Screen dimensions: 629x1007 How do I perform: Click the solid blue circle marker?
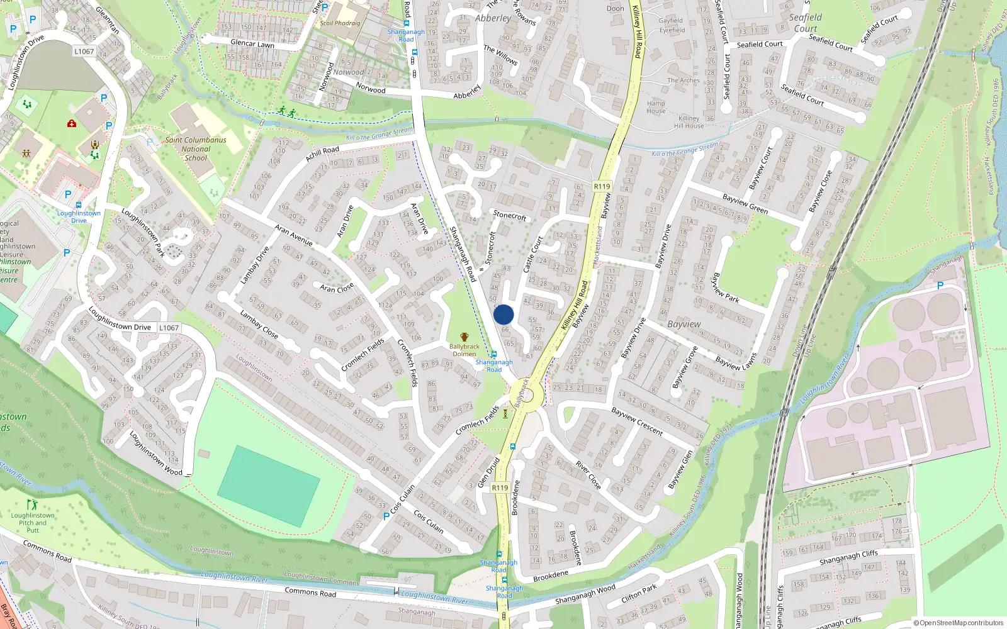pyautogui.click(x=503, y=314)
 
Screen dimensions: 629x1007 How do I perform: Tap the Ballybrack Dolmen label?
pyautogui.click(x=464, y=350)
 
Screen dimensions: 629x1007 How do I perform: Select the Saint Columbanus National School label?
pyautogui.click(x=196, y=149)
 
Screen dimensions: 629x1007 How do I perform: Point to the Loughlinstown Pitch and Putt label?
pyautogui.click(x=33, y=523)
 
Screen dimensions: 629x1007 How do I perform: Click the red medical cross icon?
pyautogui.click(x=72, y=124)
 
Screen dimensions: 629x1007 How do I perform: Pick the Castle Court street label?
pyautogui.click(x=532, y=255)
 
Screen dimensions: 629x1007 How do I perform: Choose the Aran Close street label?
pyautogui.click(x=337, y=288)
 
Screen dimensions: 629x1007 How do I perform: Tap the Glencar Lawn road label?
pyautogui.click(x=252, y=44)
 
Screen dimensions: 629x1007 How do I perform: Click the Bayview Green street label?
pyautogui.click(x=745, y=204)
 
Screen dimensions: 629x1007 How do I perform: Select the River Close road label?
pyautogui.click(x=588, y=476)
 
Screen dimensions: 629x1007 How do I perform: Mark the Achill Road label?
pyautogui.click(x=322, y=153)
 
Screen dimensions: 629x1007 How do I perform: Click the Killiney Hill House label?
pyautogui.click(x=689, y=122)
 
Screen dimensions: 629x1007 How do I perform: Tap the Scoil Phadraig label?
pyautogui.click(x=340, y=23)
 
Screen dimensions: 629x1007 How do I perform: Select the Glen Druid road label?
pyautogui.click(x=488, y=472)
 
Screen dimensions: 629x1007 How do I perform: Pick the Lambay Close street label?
pyautogui.click(x=259, y=324)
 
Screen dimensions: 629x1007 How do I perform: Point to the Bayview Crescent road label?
pyautogui.click(x=637, y=421)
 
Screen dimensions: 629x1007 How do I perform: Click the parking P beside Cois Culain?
pyautogui.click(x=386, y=516)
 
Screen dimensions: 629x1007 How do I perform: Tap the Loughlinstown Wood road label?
pyautogui.click(x=155, y=453)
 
